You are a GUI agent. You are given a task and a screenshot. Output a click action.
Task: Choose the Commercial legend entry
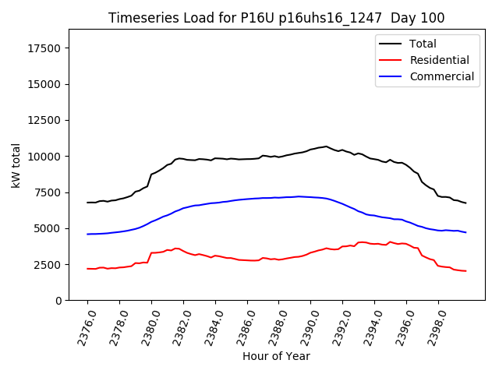tap(441, 76)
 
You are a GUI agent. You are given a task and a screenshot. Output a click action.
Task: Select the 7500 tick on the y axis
tap(48, 192)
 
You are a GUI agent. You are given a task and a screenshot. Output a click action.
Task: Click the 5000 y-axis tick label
tap(48, 228)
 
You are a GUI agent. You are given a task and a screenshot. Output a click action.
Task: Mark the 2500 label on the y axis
tap(48, 265)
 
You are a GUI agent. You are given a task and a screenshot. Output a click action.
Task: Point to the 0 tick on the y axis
tap(59, 301)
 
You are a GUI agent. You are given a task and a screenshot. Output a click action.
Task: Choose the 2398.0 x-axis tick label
tap(434, 323)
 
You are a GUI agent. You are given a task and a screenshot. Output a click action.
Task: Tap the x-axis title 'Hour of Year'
tap(276, 356)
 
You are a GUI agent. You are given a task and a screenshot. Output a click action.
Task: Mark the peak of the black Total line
tap(327, 146)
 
